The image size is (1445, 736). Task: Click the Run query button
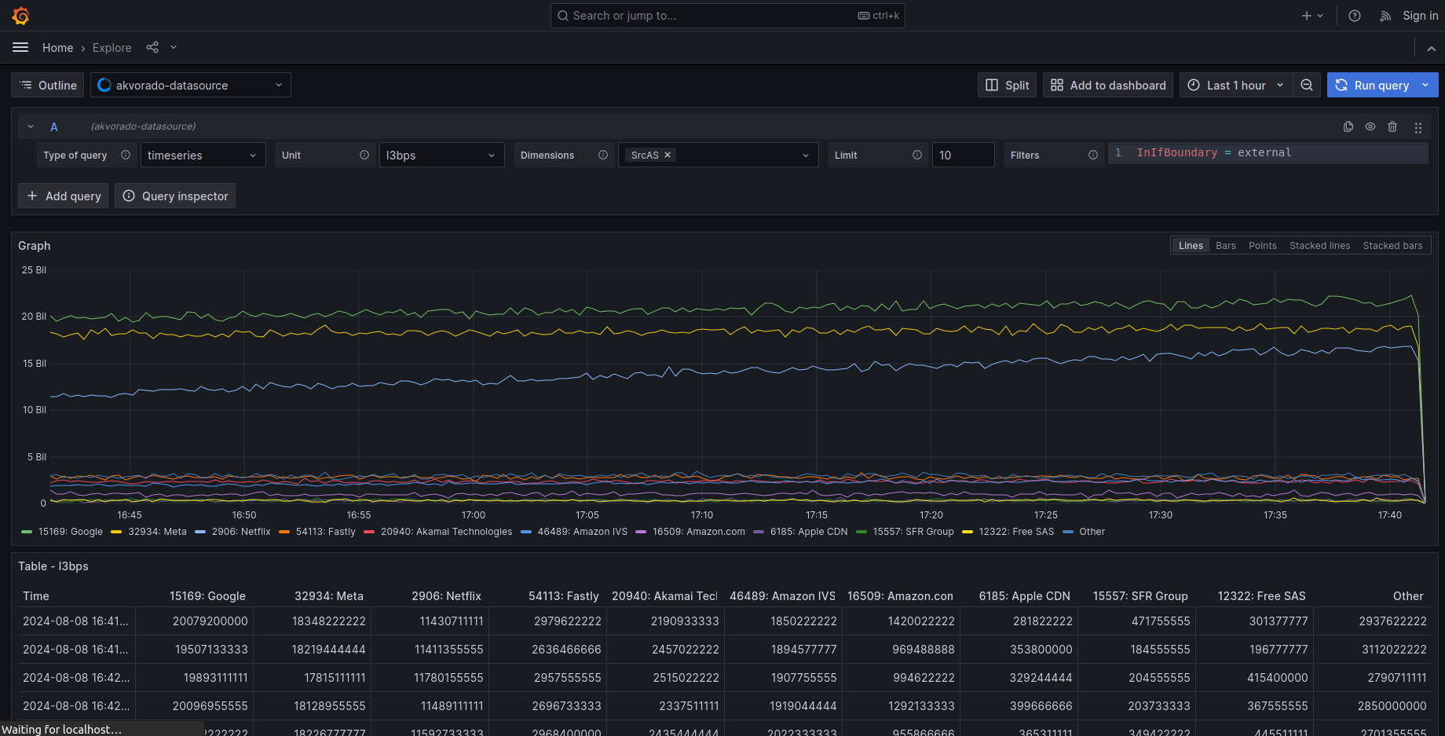click(1373, 86)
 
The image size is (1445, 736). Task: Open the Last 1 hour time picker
click(1235, 86)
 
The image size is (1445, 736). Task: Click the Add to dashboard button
click(1108, 86)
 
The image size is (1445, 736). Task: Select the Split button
click(1008, 86)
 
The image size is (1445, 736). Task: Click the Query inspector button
click(175, 196)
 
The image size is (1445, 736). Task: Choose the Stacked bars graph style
click(1392, 246)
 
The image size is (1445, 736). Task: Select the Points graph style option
click(1262, 246)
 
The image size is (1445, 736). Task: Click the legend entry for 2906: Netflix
click(240, 532)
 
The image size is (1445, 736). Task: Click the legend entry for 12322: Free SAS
click(1016, 532)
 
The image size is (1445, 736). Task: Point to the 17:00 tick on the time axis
click(474, 515)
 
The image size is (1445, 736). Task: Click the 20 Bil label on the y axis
click(34, 317)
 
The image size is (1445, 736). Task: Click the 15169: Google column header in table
click(207, 596)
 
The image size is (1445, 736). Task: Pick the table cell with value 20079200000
click(210, 621)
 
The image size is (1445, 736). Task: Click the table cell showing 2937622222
click(1392, 621)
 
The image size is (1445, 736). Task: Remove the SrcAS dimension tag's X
click(668, 155)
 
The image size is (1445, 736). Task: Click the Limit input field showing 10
click(963, 156)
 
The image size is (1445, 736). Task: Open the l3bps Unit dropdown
click(441, 156)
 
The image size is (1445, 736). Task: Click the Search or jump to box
click(727, 16)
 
